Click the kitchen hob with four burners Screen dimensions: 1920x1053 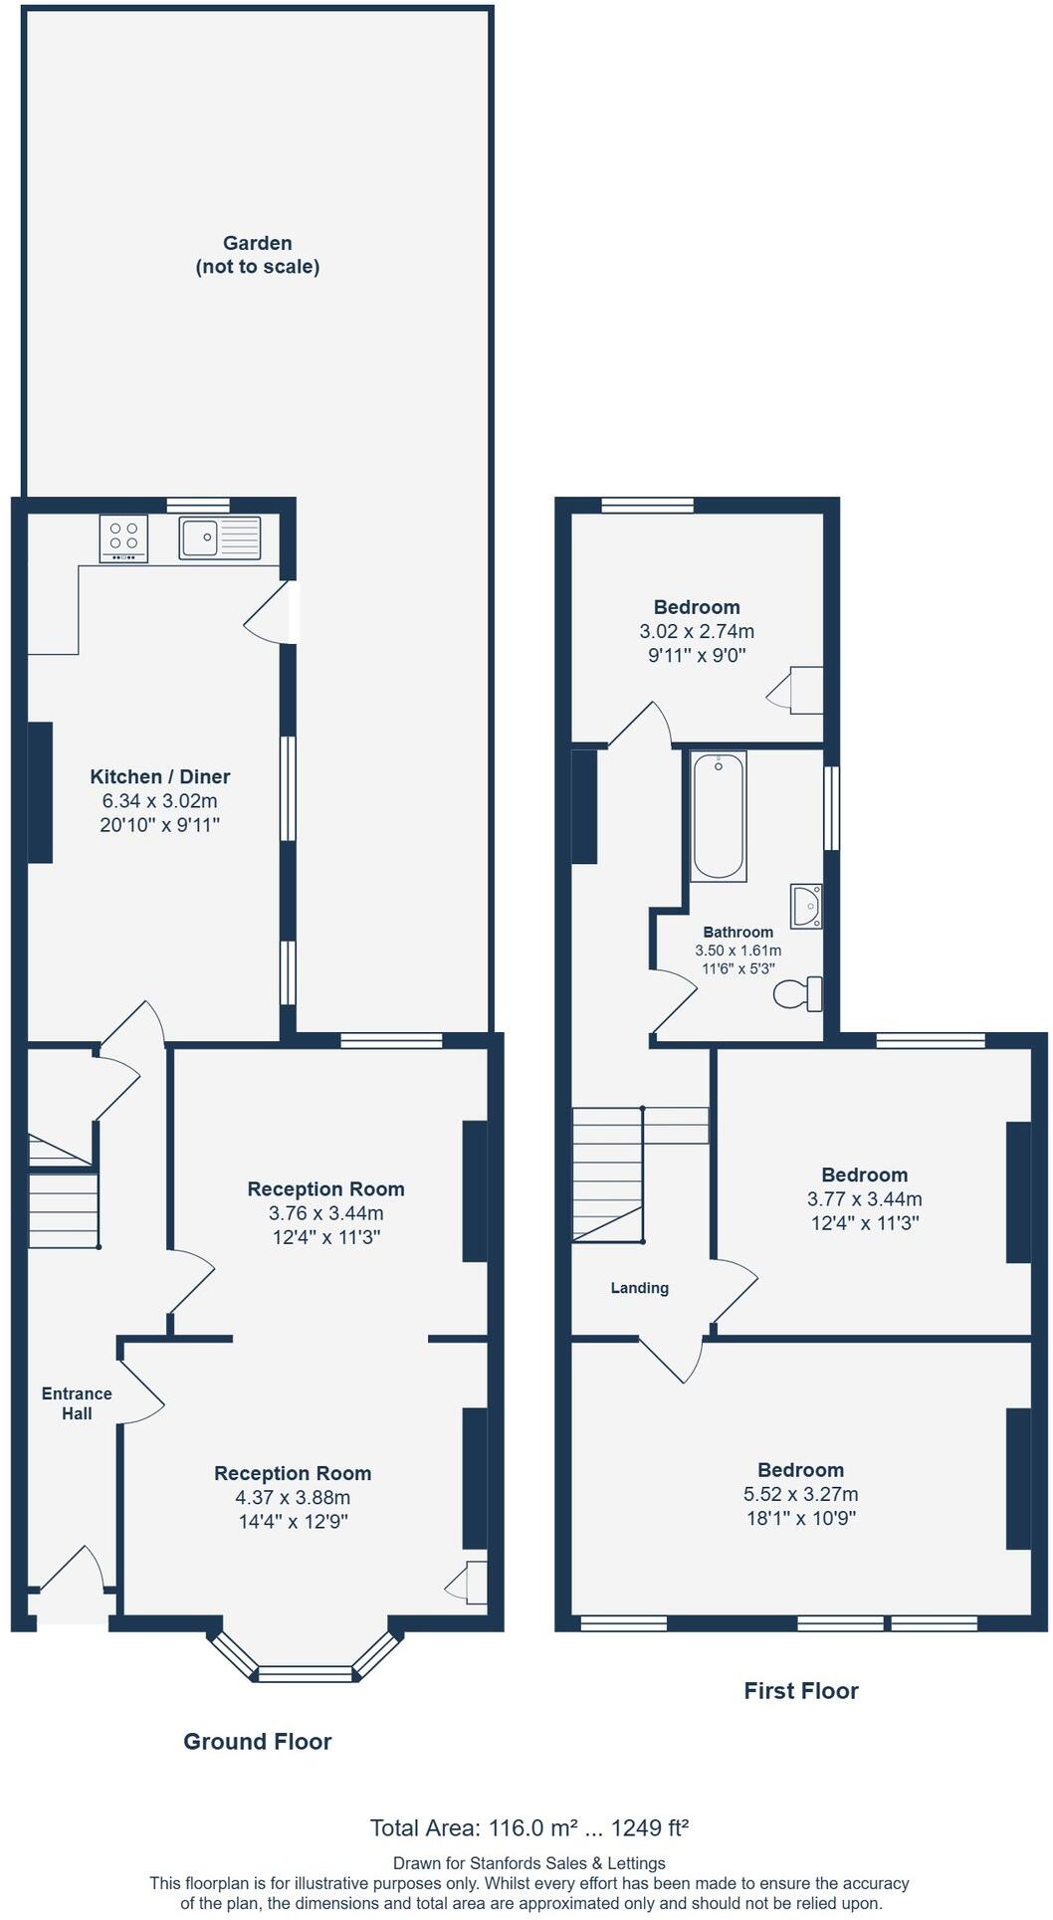pyautogui.click(x=123, y=537)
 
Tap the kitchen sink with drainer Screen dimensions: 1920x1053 pyautogui.click(x=219, y=538)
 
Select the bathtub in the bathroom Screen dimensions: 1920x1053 pyautogui.click(x=718, y=816)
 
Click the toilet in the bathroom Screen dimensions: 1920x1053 pyautogui.click(x=802, y=993)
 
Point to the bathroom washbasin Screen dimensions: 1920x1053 pyautogui.click(x=807, y=906)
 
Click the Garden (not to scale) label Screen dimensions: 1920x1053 pyautogui.click(x=258, y=255)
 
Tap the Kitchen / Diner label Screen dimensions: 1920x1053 pyautogui.click(x=160, y=776)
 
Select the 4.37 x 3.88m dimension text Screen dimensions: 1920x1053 pyautogui.click(x=293, y=1497)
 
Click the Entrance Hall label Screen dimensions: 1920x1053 pyautogui.click(x=77, y=1403)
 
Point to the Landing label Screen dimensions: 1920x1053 pyautogui.click(x=639, y=1288)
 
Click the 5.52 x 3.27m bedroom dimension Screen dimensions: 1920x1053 pyautogui.click(x=800, y=1494)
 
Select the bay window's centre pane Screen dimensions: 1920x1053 pyautogui.click(x=305, y=1674)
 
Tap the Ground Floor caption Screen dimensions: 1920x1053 pyautogui.click(x=257, y=1741)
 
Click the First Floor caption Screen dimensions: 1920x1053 pyautogui.click(x=800, y=1690)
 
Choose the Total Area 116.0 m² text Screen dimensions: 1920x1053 pyautogui.click(x=528, y=1827)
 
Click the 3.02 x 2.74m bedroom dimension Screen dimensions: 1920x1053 pyautogui.click(x=697, y=631)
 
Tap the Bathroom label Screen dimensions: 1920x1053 pyautogui.click(x=737, y=933)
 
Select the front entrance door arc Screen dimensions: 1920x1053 pyautogui.click(x=75, y=1569)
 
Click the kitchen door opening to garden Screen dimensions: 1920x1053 pyautogui.click(x=269, y=612)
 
